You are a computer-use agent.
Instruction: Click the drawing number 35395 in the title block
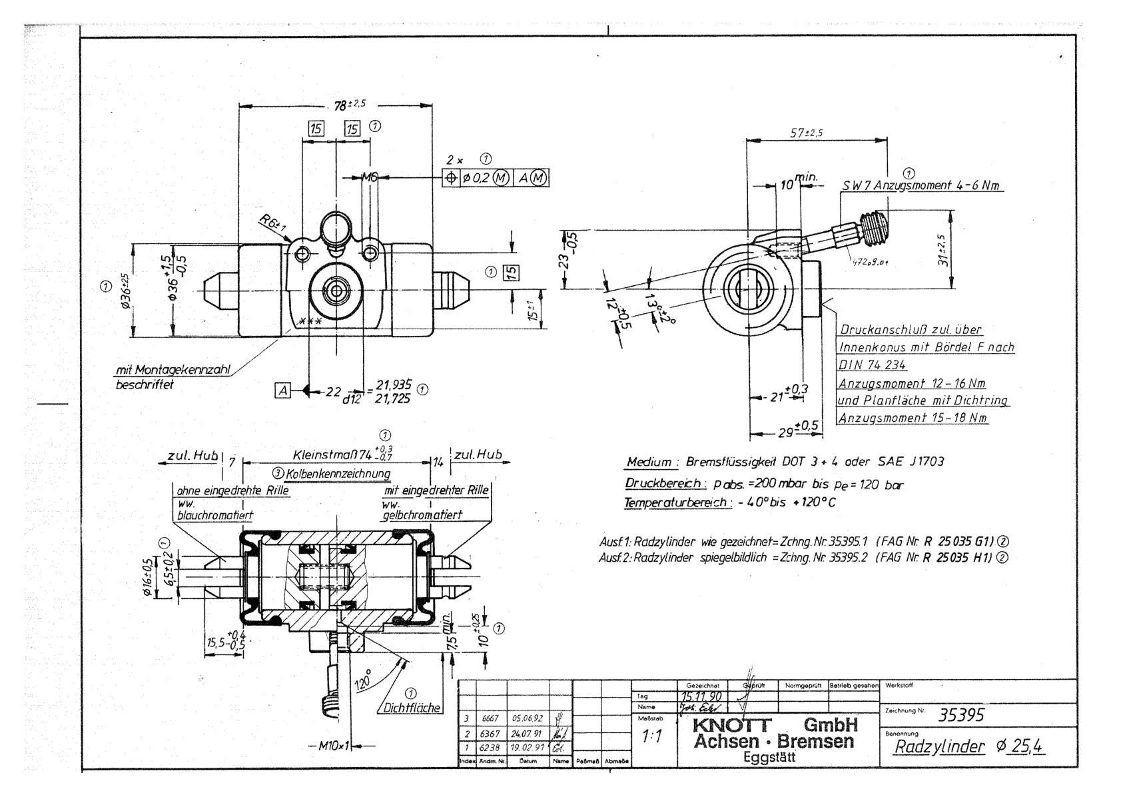tap(961, 715)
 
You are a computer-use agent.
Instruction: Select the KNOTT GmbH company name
tap(775, 725)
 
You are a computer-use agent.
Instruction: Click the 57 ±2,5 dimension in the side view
tap(806, 133)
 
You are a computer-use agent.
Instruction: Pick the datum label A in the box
tap(282, 391)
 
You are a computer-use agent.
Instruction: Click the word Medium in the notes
tap(648, 462)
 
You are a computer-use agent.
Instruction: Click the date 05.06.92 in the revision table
tap(528, 719)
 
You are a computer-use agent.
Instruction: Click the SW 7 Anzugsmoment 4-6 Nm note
tap(921, 186)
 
